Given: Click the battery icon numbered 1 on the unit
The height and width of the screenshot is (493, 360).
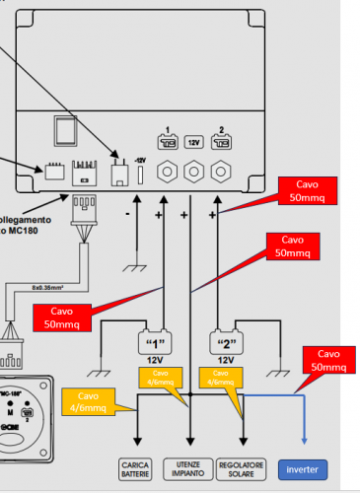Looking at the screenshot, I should (167, 139).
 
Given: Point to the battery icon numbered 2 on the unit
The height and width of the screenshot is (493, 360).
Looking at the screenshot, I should (220, 139).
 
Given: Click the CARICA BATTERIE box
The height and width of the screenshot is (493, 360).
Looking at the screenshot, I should (134, 467).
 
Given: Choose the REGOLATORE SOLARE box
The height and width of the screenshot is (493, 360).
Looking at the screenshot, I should (243, 467).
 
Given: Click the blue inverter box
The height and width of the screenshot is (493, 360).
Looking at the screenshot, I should (304, 468).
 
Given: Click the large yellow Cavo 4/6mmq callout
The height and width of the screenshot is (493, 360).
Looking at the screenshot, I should (88, 401).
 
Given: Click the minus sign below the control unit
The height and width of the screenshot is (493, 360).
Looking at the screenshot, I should (127, 213).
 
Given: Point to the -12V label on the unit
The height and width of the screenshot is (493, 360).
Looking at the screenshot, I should (140, 161).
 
